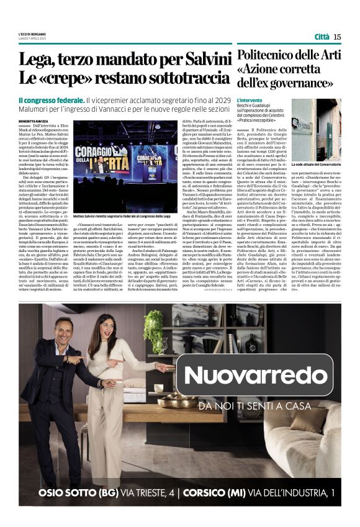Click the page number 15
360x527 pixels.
coord(337,37)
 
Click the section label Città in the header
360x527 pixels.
coord(322,37)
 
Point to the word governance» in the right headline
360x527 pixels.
coord(302,81)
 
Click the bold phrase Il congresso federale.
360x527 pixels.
coord(51,101)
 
